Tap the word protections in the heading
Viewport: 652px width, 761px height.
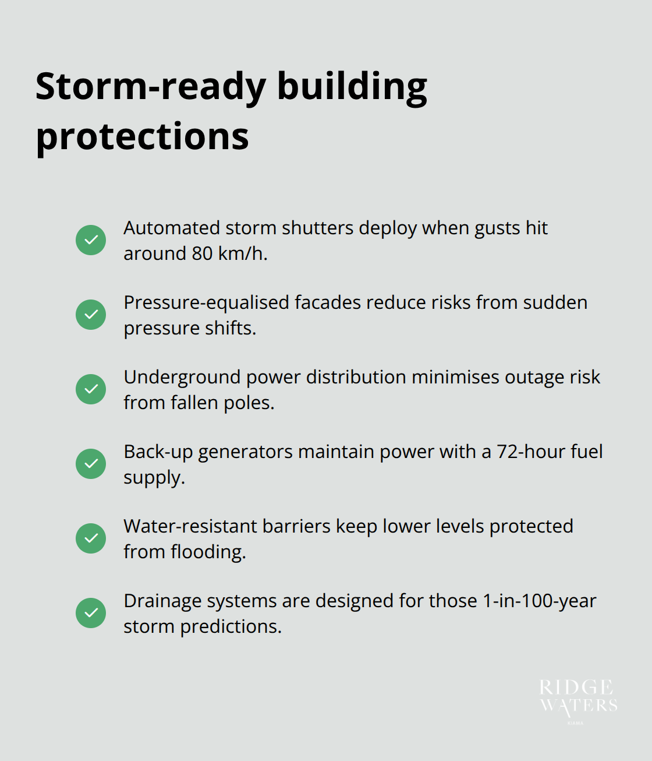click(142, 138)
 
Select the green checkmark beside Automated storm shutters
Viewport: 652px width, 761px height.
click(91, 240)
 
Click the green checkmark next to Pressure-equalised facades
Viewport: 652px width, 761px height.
click(91, 315)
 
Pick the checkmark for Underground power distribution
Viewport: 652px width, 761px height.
click(91, 389)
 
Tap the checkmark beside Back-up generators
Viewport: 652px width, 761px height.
click(91, 464)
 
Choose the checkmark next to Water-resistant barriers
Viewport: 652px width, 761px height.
click(91, 538)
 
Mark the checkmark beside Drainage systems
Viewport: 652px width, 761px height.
click(91, 613)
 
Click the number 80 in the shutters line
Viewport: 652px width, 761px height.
click(202, 253)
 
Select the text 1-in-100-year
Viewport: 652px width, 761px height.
click(539, 601)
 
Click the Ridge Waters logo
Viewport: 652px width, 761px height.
click(577, 699)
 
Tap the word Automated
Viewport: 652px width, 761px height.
click(172, 228)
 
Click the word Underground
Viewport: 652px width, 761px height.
click(182, 378)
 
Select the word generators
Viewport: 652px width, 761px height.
click(245, 452)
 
